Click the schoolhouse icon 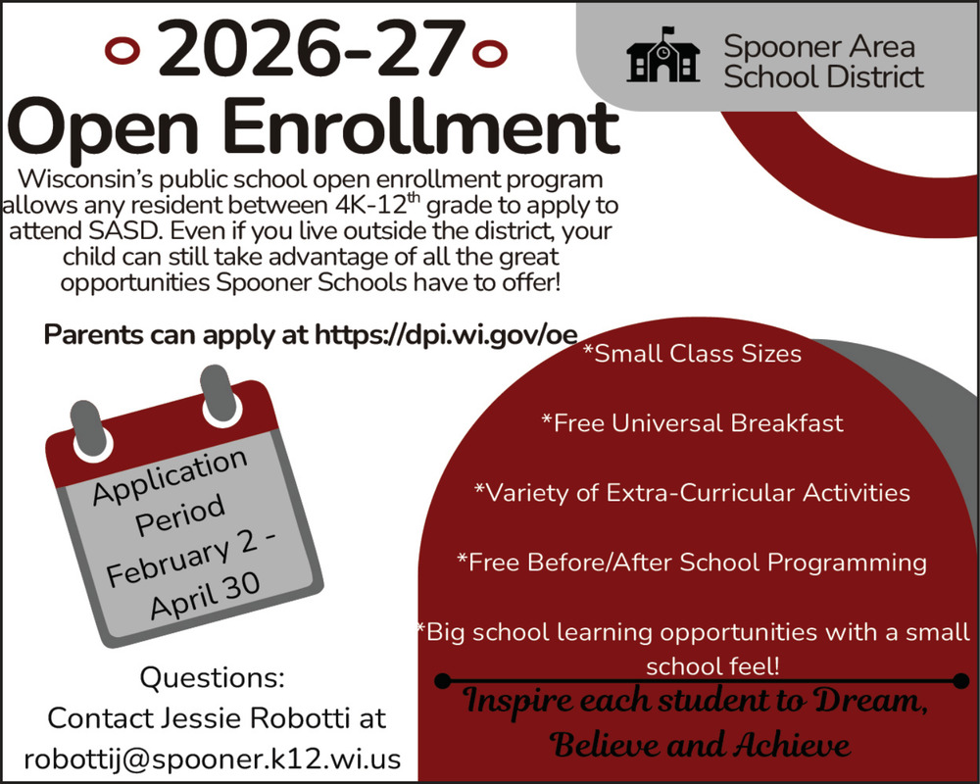(x=662, y=55)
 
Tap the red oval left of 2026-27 (x=122, y=51)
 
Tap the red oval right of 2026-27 (x=489, y=53)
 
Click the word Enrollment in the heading (x=420, y=127)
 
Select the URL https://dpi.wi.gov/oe (x=446, y=334)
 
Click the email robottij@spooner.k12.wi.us (x=213, y=759)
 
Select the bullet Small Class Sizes (x=692, y=354)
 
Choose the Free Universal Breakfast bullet (x=693, y=423)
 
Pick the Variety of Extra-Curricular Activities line (x=692, y=493)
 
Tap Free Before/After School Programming (x=692, y=563)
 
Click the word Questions (x=212, y=678)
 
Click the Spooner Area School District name (x=823, y=62)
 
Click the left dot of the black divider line (x=442, y=680)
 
